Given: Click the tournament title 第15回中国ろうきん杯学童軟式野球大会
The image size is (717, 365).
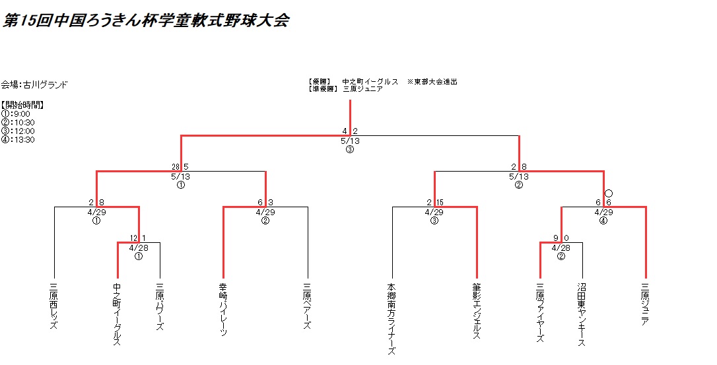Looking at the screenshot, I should click(x=145, y=21).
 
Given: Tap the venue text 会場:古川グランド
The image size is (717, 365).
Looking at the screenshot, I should click(x=34, y=84).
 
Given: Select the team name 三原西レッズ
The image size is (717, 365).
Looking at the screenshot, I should click(x=54, y=308).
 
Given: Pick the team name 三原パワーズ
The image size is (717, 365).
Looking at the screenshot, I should click(x=160, y=308).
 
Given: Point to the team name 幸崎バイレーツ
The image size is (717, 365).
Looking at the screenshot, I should click(x=223, y=310).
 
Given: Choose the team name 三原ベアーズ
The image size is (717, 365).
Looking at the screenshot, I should click(x=307, y=306).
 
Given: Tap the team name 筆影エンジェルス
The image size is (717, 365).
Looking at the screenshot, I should click(x=476, y=312).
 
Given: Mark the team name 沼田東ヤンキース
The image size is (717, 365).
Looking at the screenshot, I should click(x=582, y=314).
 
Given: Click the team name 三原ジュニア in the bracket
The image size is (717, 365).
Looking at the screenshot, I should click(x=645, y=304).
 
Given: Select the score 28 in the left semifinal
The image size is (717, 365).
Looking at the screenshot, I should click(x=176, y=166).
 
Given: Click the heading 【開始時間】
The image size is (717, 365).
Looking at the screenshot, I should click(x=22, y=105).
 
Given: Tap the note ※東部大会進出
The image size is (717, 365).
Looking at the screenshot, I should click(x=432, y=82).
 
